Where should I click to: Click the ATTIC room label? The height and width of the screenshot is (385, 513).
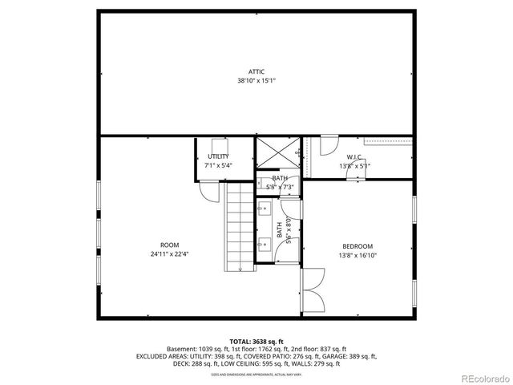(256, 71)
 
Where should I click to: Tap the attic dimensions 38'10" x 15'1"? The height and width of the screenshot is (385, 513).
(256, 81)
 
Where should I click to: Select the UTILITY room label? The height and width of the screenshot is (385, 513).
(218, 156)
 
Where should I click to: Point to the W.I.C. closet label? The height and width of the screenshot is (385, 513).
(355, 157)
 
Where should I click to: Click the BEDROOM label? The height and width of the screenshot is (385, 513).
(358, 246)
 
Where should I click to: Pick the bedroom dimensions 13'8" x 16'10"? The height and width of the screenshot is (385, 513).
(358, 256)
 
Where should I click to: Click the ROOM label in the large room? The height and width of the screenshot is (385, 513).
(169, 245)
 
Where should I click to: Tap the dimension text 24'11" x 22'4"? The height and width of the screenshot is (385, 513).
(169, 255)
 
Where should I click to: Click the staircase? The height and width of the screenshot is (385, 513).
(240, 229)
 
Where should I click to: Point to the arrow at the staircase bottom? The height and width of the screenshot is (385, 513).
(240, 269)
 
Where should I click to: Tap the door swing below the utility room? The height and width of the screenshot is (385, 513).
(208, 191)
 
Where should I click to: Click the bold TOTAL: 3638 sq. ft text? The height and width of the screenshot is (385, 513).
(256, 342)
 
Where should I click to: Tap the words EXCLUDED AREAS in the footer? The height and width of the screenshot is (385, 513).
(160, 357)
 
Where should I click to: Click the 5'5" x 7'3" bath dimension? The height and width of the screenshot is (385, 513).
(280, 187)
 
